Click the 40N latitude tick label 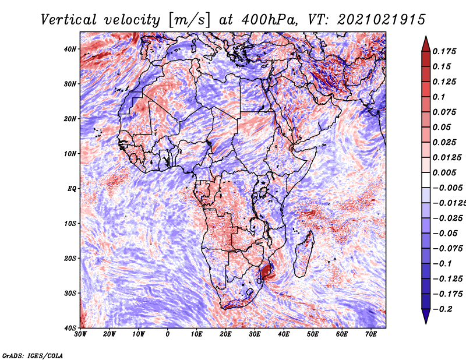pyautogui.click(x=70, y=49)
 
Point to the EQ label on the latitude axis pyautogui.click(x=72, y=189)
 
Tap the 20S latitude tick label pyautogui.click(x=70, y=258)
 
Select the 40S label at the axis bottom pyautogui.click(x=70, y=328)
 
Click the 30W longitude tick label pyautogui.click(x=80, y=334)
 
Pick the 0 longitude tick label pyautogui.click(x=168, y=334)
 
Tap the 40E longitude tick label pyautogui.click(x=284, y=334)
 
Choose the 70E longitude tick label pyautogui.click(x=371, y=334)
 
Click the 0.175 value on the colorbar pyautogui.click(x=444, y=51)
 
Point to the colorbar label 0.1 pyautogui.click(x=439, y=97)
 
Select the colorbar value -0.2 pyautogui.click(x=442, y=309)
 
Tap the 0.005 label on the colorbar pyautogui.click(x=444, y=172)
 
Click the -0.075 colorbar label pyautogui.click(x=447, y=249)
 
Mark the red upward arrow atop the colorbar pyautogui.click(x=426, y=45)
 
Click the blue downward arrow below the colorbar pyautogui.click(x=426, y=316)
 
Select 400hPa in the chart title pyautogui.click(x=269, y=20)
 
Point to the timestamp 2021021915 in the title pyautogui.click(x=382, y=20)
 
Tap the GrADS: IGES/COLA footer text pyautogui.click(x=33, y=356)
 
